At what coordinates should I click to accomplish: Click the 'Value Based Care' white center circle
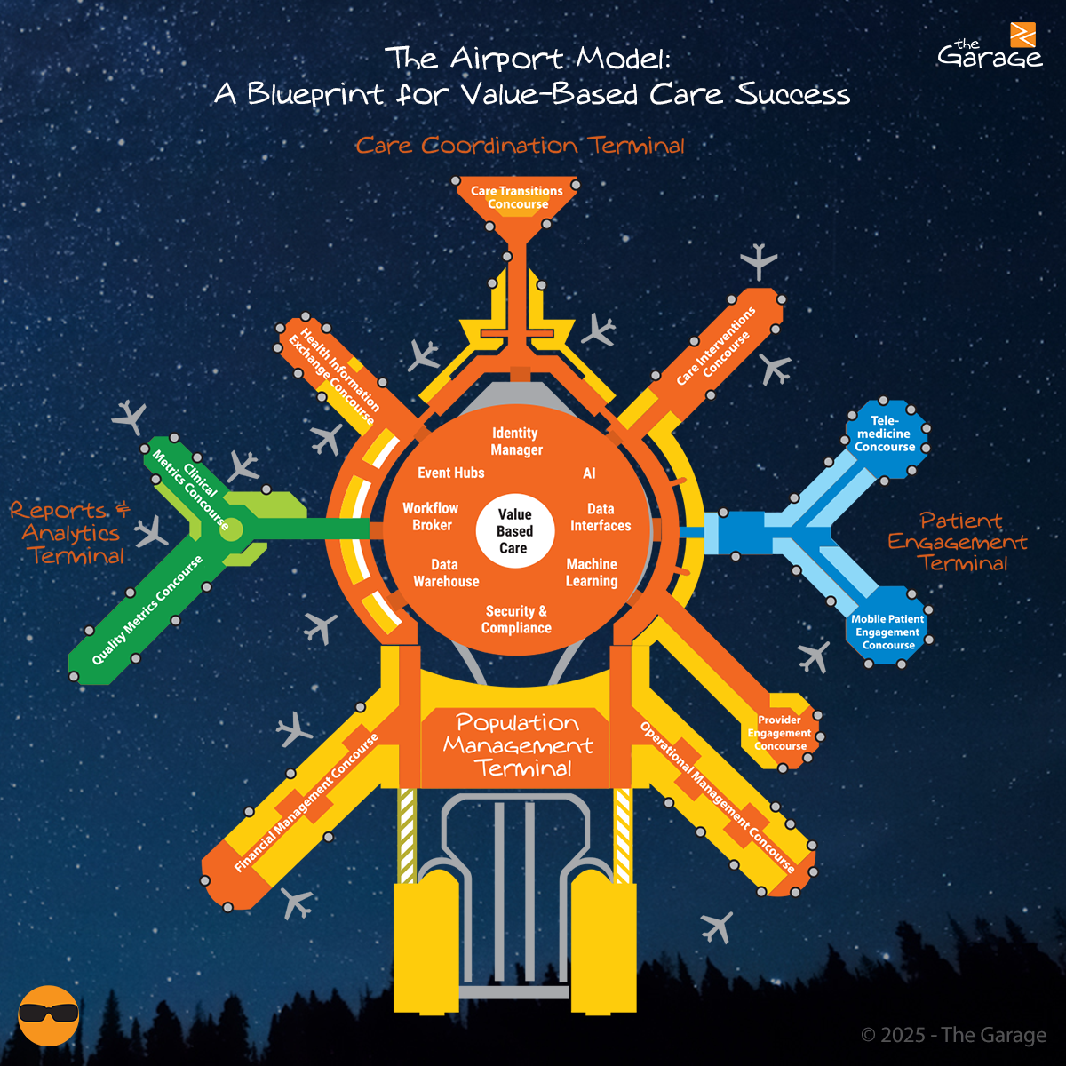(x=514, y=531)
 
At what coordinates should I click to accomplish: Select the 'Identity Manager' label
(x=516, y=442)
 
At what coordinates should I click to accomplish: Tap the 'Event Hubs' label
(x=451, y=473)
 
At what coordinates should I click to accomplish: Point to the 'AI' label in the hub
(x=589, y=473)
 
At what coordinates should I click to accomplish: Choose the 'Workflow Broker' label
(x=431, y=517)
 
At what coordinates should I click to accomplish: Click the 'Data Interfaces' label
(x=601, y=517)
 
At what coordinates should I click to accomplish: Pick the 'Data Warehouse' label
(x=446, y=573)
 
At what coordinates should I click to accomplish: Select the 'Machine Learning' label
(x=592, y=573)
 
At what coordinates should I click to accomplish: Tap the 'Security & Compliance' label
(x=516, y=619)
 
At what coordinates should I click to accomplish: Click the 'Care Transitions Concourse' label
(x=517, y=197)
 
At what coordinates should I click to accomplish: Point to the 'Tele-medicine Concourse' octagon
(x=885, y=434)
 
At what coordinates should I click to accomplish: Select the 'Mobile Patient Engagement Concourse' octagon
(x=887, y=632)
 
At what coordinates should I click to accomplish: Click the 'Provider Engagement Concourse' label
(x=779, y=733)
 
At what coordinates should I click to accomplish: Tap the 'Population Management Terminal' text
(x=518, y=746)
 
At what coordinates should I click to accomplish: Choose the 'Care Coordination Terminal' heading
(x=520, y=146)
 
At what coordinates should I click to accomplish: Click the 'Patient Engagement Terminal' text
(x=958, y=542)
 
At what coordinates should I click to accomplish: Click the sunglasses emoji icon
(x=49, y=1014)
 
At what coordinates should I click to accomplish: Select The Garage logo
(x=990, y=48)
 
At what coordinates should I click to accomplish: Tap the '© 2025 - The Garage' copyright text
(x=953, y=1035)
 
